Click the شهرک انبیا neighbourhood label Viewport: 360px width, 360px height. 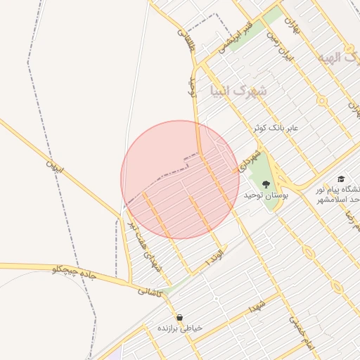[239, 91]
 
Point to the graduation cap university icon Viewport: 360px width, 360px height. [341, 179]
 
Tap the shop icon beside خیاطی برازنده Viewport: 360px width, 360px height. [180, 317]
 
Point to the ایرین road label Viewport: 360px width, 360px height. [54, 167]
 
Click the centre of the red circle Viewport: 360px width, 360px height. [179, 179]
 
